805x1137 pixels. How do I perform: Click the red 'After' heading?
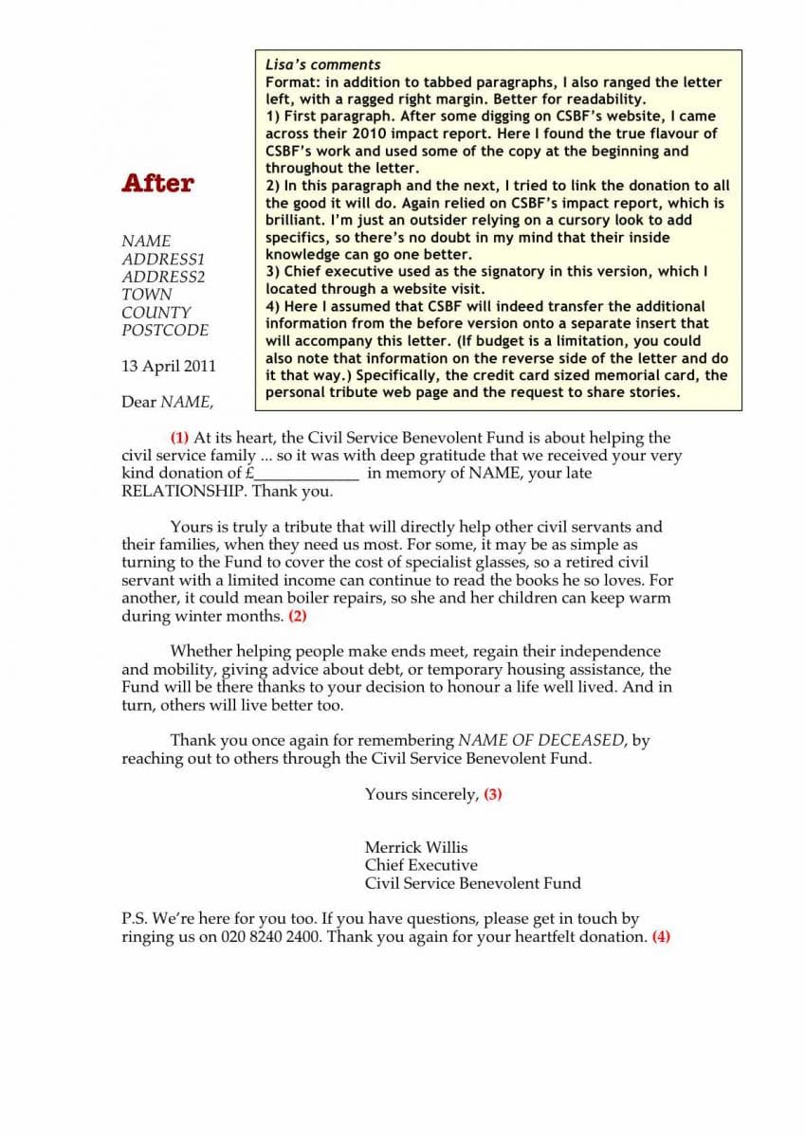tap(157, 183)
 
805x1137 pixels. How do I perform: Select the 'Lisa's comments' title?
tap(322, 64)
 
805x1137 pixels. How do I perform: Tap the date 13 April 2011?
tap(169, 366)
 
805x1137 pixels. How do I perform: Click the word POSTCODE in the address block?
tap(165, 331)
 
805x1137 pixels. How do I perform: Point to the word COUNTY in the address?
tap(156, 313)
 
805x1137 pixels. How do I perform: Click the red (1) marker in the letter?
tap(179, 438)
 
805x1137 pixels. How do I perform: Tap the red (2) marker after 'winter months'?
tap(298, 616)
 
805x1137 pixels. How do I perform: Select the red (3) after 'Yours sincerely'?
tap(493, 794)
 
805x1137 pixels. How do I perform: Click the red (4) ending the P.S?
tap(661, 936)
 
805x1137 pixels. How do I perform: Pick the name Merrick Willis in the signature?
tap(416, 847)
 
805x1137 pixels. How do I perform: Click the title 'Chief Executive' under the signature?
tap(421, 865)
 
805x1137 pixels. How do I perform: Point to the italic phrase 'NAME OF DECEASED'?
tap(542, 741)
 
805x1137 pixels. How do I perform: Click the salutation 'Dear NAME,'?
tap(168, 402)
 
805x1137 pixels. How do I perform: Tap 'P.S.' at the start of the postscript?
tap(135, 918)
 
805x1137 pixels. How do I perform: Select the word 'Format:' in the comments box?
tap(291, 82)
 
